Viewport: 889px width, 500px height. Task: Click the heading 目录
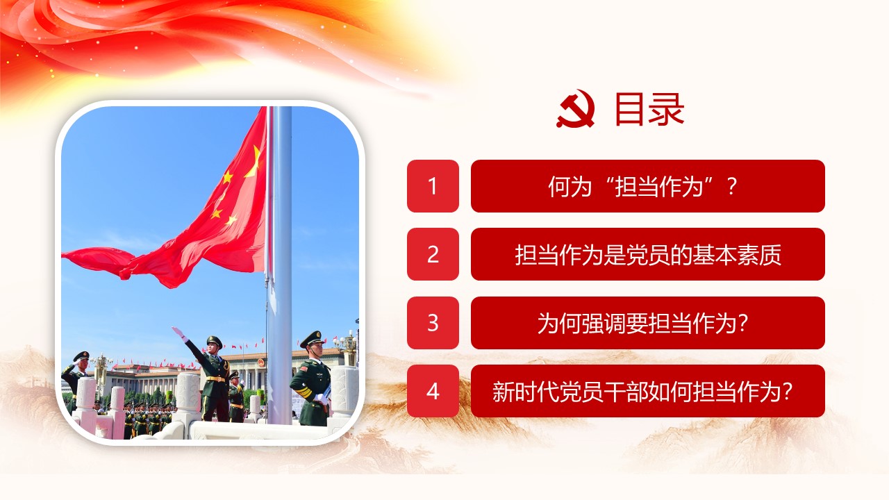pyautogui.click(x=649, y=109)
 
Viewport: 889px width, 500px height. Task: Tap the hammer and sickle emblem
pyautogui.click(x=576, y=109)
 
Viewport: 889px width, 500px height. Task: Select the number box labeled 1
pyautogui.click(x=433, y=185)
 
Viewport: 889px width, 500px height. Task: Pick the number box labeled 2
pyautogui.click(x=433, y=254)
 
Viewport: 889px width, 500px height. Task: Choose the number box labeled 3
pyautogui.click(x=433, y=323)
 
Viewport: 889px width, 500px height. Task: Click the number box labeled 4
pyautogui.click(x=433, y=391)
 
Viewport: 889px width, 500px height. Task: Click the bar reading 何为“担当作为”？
pyautogui.click(x=648, y=185)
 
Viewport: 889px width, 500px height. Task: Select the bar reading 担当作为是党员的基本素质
pyautogui.click(x=648, y=254)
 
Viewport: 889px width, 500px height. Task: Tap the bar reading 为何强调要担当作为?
pyautogui.click(x=648, y=323)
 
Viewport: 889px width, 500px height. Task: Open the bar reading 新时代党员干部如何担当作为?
pyautogui.click(x=648, y=391)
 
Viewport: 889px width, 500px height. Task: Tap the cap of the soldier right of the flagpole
pyautogui.click(x=313, y=338)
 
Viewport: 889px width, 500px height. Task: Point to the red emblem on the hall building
pyautogui.click(x=260, y=362)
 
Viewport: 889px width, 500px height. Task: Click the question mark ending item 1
pyautogui.click(x=733, y=187)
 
